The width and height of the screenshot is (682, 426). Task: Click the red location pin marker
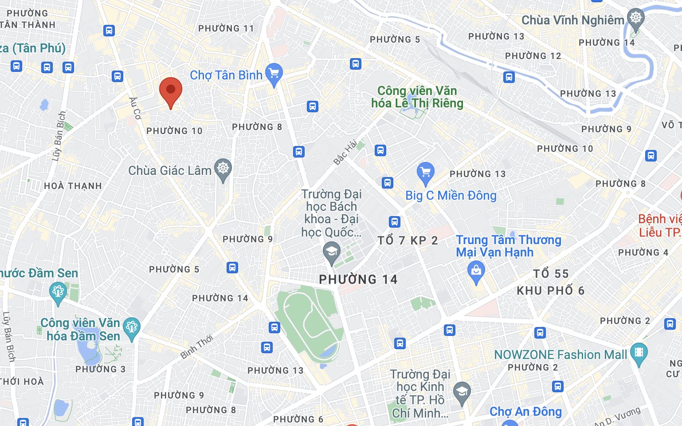171,90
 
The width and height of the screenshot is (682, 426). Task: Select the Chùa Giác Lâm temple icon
223,169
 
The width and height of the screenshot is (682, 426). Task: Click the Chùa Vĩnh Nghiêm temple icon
636,19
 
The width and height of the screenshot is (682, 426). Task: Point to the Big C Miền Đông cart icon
425,172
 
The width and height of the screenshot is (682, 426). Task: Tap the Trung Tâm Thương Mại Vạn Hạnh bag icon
476,271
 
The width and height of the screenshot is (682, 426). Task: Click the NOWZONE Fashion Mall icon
639,353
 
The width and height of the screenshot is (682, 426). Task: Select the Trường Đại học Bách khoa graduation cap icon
331,252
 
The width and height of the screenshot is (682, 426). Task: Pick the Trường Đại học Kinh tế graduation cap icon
462,392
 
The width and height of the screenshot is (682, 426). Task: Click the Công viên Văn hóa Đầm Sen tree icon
131,327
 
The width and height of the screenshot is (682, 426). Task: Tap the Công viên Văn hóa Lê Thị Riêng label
417,97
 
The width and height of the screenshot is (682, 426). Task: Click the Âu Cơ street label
135,108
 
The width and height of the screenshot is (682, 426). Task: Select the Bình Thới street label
197,347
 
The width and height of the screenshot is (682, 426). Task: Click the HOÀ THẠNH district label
73,186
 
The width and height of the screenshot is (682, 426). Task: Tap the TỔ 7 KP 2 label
408,241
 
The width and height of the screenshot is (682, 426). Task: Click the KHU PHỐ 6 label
550,291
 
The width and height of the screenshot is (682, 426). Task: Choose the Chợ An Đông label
525,412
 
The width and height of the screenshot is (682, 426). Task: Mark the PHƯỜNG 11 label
226,28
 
